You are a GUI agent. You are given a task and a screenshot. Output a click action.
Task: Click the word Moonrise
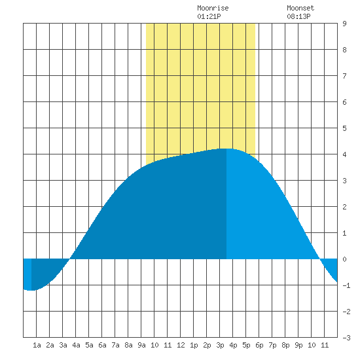point(213,8)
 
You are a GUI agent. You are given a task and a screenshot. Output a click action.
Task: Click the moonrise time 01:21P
point(209,16)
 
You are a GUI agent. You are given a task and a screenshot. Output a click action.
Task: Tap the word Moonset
point(300,8)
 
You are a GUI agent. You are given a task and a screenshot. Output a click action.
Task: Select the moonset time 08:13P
point(298,16)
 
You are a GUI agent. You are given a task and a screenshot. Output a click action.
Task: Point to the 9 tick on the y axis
point(344,24)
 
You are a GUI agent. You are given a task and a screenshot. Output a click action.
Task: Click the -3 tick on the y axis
point(346,338)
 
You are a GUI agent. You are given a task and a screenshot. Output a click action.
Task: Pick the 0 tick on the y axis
point(344,259)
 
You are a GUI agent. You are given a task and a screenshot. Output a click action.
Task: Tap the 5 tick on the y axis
point(344,128)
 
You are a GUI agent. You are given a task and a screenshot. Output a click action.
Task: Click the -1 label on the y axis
point(346,285)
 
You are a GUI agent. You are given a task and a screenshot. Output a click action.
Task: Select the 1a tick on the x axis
point(37,345)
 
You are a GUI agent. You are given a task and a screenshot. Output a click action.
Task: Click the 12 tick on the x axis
point(181,345)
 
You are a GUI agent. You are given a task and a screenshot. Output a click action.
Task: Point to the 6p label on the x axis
point(259,345)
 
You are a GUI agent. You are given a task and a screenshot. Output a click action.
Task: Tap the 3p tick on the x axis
point(220,345)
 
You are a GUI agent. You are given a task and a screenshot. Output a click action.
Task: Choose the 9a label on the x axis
point(141,345)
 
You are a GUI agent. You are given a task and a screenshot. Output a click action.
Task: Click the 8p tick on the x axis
point(285,345)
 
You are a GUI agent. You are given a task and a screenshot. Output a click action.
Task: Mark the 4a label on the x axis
point(76,345)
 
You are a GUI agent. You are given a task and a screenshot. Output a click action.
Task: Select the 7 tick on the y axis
point(344,76)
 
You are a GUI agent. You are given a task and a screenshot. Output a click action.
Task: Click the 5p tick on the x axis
point(246,345)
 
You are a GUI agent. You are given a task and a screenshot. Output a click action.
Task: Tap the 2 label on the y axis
point(344,207)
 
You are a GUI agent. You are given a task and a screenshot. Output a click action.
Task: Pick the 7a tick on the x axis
point(115,345)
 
